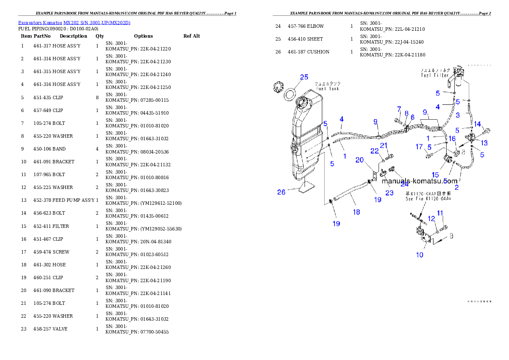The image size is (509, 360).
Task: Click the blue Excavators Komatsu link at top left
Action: coord(74,23)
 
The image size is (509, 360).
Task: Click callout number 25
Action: coord(304,77)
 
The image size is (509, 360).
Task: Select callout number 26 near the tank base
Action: coord(281,192)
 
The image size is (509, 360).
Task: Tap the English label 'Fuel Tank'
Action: coord(327,89)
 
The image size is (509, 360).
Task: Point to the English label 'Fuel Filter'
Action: coord(435,75)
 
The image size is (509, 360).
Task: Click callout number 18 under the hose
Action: coord(356,212)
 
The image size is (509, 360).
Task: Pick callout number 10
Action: coord(420,255)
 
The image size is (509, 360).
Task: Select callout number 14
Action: coord(477,124)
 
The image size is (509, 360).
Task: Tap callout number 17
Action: coord(419,147)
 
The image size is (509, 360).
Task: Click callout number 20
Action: coord(359,159)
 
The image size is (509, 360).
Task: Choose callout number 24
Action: coord(404,184)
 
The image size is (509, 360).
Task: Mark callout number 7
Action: coord(399,109)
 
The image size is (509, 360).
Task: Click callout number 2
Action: coord(456,187)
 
